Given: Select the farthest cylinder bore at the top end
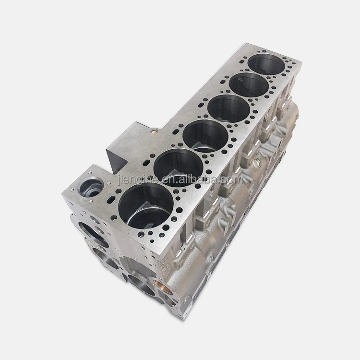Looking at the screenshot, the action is tap(266, 64).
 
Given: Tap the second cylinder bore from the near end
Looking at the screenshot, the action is tap(179, 167).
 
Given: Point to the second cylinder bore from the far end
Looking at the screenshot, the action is tap(249, 85).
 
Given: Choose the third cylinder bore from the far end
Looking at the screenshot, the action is tap(228, 108).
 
